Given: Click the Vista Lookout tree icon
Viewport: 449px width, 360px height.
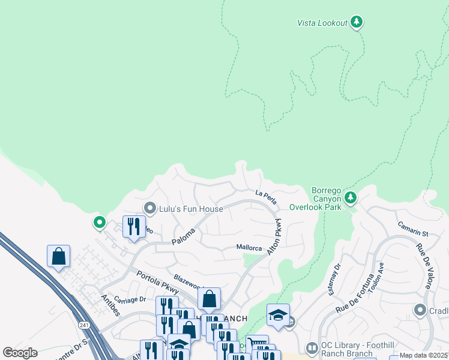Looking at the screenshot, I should (357, 22).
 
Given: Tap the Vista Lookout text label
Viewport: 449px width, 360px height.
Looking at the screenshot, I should (322, 23).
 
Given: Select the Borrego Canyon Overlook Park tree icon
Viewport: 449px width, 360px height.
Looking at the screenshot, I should (351, 197).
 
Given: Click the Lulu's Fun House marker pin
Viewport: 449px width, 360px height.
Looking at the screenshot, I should (149, 208).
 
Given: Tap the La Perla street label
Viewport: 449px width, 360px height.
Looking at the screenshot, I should (265, 194).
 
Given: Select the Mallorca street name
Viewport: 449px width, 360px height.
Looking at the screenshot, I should (249, 247).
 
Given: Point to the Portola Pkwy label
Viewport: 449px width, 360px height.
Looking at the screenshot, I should (157, 282).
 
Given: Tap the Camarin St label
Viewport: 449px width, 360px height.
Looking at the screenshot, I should (412, 229).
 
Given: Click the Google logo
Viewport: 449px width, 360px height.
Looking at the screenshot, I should (19, 353).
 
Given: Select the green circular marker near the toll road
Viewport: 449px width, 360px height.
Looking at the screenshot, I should (100, 223).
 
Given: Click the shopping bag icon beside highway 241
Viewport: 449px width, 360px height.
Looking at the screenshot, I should (58, 256).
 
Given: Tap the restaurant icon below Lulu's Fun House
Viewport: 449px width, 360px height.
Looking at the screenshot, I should (133, 226).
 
